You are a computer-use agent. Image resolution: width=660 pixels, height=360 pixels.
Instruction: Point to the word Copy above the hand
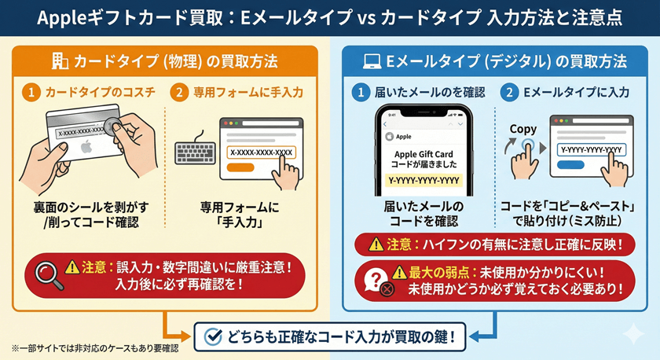click(x=522, y=128)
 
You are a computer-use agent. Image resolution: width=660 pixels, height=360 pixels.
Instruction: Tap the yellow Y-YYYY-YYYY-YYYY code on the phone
click(x=423, y=182)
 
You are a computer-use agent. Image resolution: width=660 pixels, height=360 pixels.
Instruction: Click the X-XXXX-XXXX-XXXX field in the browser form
click(x=261, y=151)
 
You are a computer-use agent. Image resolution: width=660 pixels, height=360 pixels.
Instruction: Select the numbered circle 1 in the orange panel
click(x=31, y=93)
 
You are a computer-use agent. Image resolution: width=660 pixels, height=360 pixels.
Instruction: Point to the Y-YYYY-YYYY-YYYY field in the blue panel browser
click(x=592, y=149)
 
